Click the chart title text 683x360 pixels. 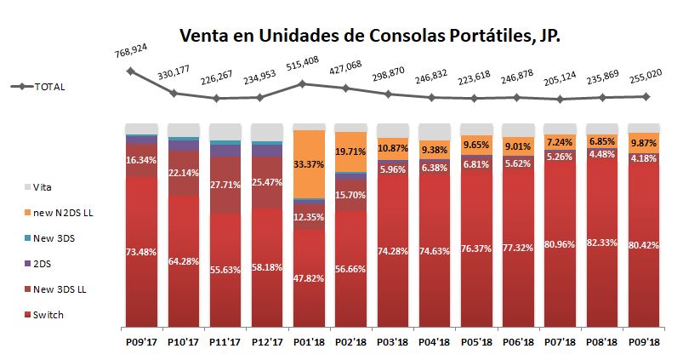(x=369, y=37)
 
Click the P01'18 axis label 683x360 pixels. (x=309, y=341)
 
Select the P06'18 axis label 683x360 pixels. (x=517, y=341)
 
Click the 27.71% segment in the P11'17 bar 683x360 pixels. (x=225, y=184)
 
